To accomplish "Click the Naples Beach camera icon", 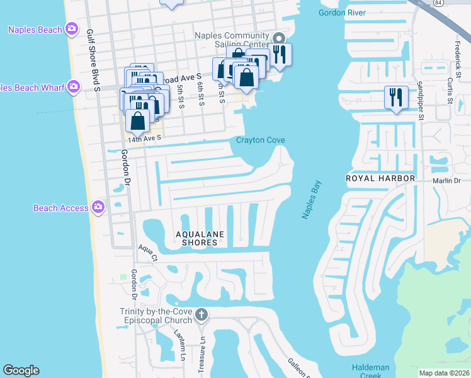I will coord(72,29).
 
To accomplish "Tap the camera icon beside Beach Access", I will coord(98,207).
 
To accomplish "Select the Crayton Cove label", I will coord(261,140).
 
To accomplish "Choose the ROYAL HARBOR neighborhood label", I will coord(380,179).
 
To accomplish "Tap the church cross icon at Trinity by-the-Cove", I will coord(201,314).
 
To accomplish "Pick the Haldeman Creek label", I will coord(371,370).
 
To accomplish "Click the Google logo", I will coord(21,370).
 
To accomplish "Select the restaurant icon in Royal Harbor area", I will coord(395,97).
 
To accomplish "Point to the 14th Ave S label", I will coord(145,138).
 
